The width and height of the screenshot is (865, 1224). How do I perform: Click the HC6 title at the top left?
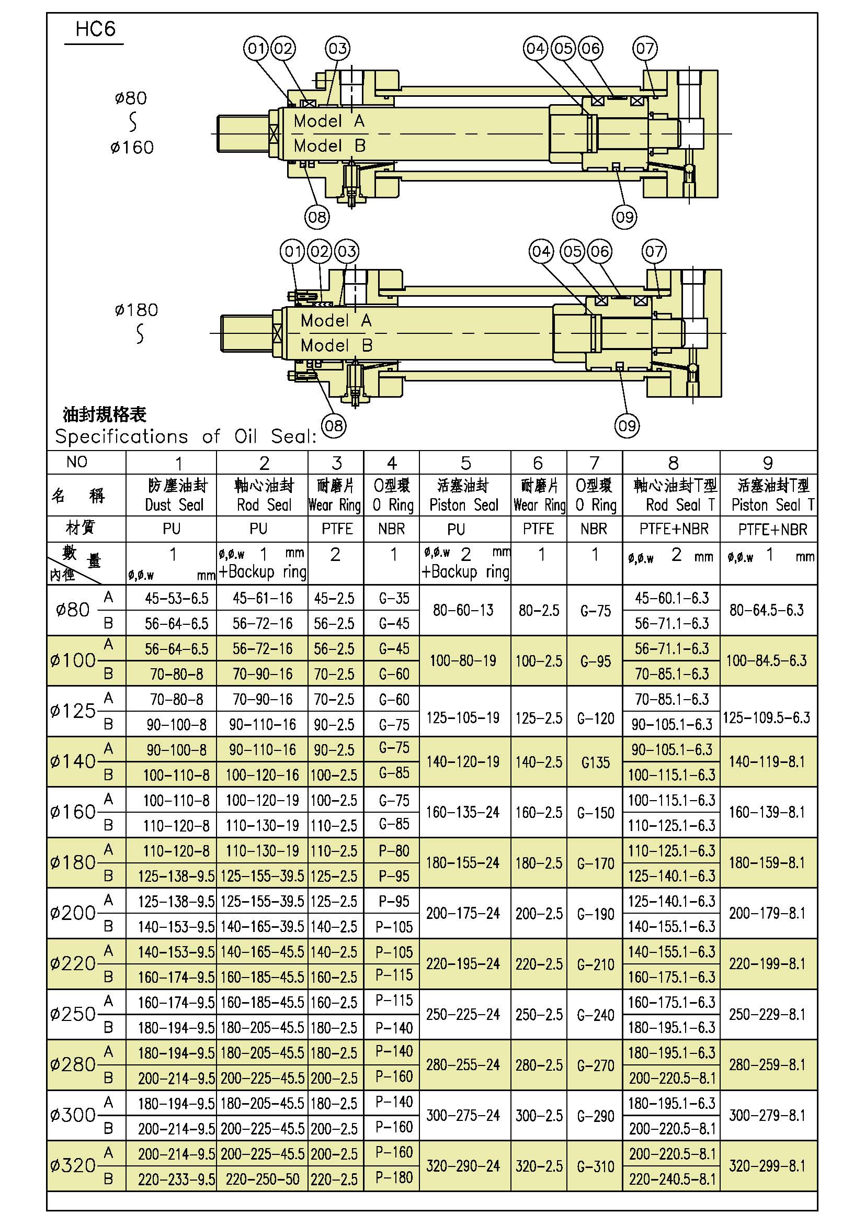95,29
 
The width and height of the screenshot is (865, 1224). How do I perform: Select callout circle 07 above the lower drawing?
654,252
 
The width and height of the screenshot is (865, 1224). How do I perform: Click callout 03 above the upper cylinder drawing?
338,49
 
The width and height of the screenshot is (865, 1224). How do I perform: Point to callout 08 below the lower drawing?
334,425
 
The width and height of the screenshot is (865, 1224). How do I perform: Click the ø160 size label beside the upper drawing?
132,147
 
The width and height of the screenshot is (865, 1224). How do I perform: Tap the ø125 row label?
73,711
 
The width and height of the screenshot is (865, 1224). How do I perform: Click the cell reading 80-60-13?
463,610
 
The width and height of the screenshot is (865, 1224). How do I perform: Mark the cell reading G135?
596,762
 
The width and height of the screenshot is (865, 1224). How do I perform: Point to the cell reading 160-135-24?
463,813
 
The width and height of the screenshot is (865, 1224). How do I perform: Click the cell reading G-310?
596,1166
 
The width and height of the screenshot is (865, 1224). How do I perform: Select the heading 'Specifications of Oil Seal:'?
186,436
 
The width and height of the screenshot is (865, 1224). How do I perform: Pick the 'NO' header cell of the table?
77,462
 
